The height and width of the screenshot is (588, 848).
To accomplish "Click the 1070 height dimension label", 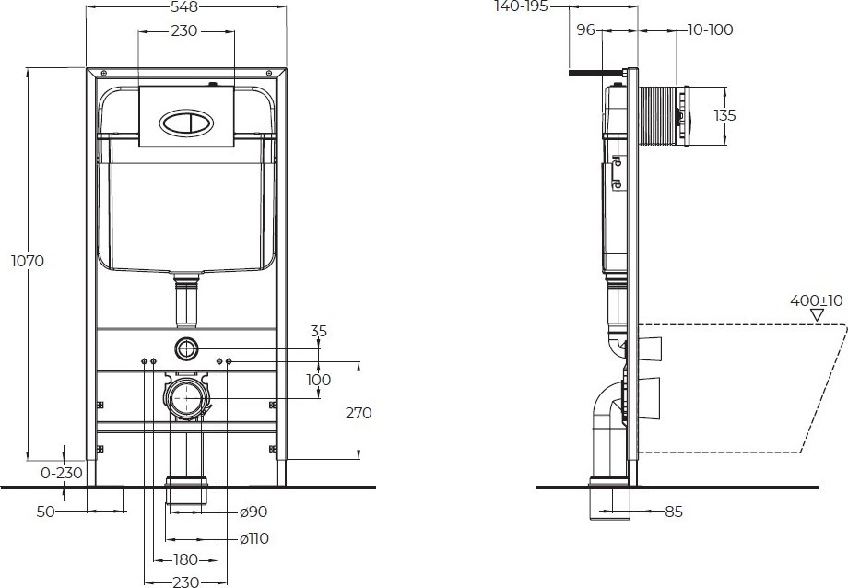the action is click(28, 261).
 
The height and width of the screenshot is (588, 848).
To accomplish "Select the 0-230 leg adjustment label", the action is click(62, 473).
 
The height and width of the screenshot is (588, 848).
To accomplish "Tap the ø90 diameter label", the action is click(253, 512).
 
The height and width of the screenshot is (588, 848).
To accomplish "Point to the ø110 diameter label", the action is click(253, 538).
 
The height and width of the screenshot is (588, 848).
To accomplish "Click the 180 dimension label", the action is click(185, 559).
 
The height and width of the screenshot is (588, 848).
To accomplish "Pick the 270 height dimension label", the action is click(359, 413).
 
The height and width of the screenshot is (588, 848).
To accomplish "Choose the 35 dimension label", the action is click(319, 331).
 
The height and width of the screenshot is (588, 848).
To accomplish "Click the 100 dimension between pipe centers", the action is click(319, 380).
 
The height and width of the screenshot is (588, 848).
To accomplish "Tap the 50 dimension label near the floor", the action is click(45, 512).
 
